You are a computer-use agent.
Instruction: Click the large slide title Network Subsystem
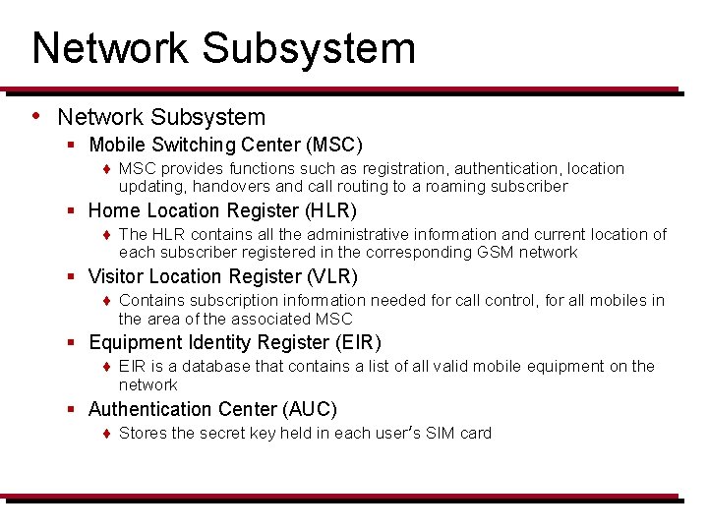(x=223, y=48)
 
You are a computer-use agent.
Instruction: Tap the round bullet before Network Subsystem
(x=36, y=116)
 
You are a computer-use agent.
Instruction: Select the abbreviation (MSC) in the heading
(x=333, y=146)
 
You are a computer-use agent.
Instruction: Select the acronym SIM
(x=442, y=434)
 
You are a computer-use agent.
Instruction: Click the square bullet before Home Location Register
(x=72, y=211)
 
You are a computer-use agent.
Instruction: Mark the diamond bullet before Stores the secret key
(x=106, y=434)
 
